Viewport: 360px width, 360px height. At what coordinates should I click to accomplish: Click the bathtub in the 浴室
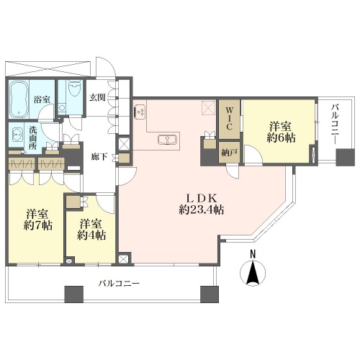coord(19,99)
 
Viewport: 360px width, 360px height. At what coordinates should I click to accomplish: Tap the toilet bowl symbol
coord(73,88)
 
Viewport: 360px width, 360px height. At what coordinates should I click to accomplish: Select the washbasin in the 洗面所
coord(17,135)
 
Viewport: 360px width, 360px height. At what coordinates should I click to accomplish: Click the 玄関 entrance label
coord(97,97)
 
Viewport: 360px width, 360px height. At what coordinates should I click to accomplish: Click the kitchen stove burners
coord(139,112)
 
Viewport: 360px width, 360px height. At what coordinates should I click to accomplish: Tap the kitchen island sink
coord(168,140)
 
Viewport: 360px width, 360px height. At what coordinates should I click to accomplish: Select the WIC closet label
coord(229,119)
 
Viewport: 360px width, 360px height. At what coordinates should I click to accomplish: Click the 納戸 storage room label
coord(229,153)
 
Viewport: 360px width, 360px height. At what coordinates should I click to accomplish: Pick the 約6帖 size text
coord(281,138)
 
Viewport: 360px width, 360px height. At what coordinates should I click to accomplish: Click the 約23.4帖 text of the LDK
coord(202,210)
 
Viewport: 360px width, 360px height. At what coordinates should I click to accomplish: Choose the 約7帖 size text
coord(38,225)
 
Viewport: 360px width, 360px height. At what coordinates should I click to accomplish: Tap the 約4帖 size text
coord(91,235)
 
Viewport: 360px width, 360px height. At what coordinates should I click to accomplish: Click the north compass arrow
coord(253,272)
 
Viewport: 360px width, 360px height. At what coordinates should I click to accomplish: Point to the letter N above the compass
coord(253,254)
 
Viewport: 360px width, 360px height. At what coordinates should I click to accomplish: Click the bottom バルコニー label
coord(119,284)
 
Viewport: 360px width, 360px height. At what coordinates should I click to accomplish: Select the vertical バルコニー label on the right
coord(335,124)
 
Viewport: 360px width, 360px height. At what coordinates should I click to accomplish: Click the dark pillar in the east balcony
coord(345,158)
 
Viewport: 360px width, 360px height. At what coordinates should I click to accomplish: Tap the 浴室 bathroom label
coord(42,99)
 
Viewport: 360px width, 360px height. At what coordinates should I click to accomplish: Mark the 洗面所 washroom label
coord(32,138)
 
